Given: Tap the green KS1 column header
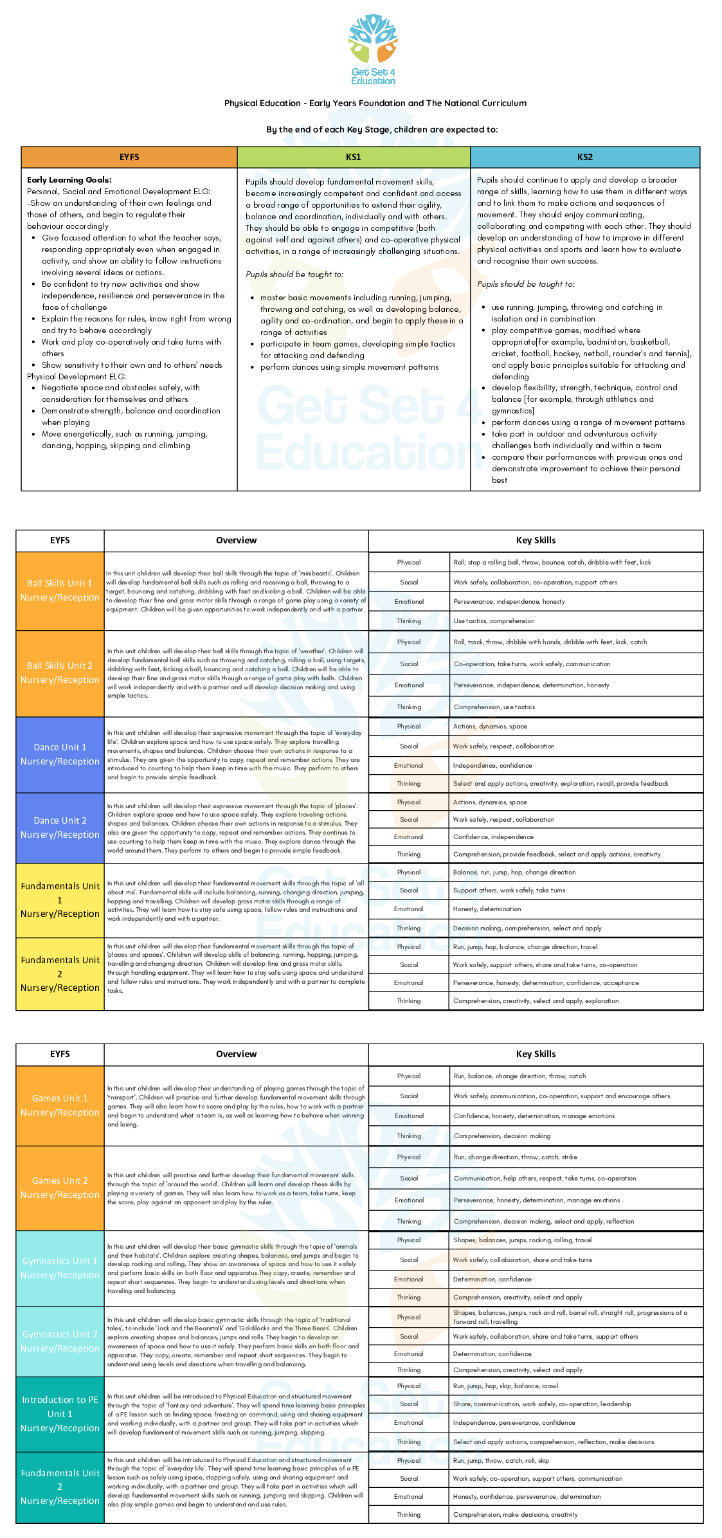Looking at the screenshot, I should coord(354,157).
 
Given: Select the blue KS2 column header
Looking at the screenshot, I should coord(584,157).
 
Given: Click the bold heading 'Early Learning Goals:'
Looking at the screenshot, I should coord(69,180).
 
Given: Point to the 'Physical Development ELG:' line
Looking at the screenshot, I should coord(77,376).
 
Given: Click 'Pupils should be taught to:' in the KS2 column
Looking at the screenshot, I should coord(526,284).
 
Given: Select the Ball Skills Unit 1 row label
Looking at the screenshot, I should coord(60,590).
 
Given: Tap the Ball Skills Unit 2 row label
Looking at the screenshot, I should coord(60,673).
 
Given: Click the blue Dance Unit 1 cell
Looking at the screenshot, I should coord(60,754).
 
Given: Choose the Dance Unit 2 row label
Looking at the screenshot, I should coord(60,828).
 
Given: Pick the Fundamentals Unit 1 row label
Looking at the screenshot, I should coord(60,900).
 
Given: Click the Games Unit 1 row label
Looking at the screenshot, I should coord(60,1105).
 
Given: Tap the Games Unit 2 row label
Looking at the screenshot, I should coord(60,1188).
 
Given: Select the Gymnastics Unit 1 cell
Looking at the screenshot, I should coord(60,1268).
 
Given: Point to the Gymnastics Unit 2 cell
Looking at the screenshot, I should coord(60,1341).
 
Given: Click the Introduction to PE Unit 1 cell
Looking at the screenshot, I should coord(60,1414).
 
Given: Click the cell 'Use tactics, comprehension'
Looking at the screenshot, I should coord(494,621).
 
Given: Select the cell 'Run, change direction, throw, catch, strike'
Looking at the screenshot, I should coord(515,1157).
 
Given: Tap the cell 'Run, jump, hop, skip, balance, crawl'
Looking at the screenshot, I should coord(505,1386).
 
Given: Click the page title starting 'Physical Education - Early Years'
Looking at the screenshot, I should coord(375,103).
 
